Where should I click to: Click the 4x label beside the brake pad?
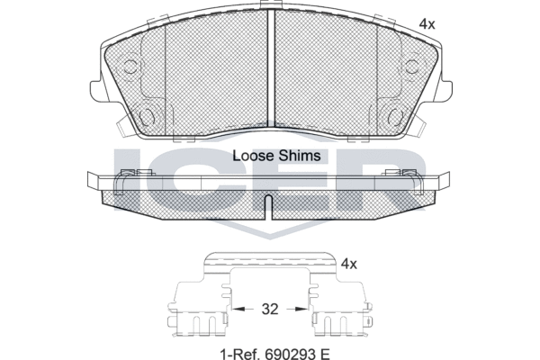point(427,24)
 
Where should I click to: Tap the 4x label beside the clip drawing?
point(349,265)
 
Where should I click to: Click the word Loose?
point(254,156)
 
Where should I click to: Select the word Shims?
point(300,156)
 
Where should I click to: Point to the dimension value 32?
point(270,309)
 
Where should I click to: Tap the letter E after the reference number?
point(325,354)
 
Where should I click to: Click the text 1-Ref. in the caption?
point(240,354)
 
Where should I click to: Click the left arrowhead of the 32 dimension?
point(238,309)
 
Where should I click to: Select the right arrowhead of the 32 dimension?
point(302,309)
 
